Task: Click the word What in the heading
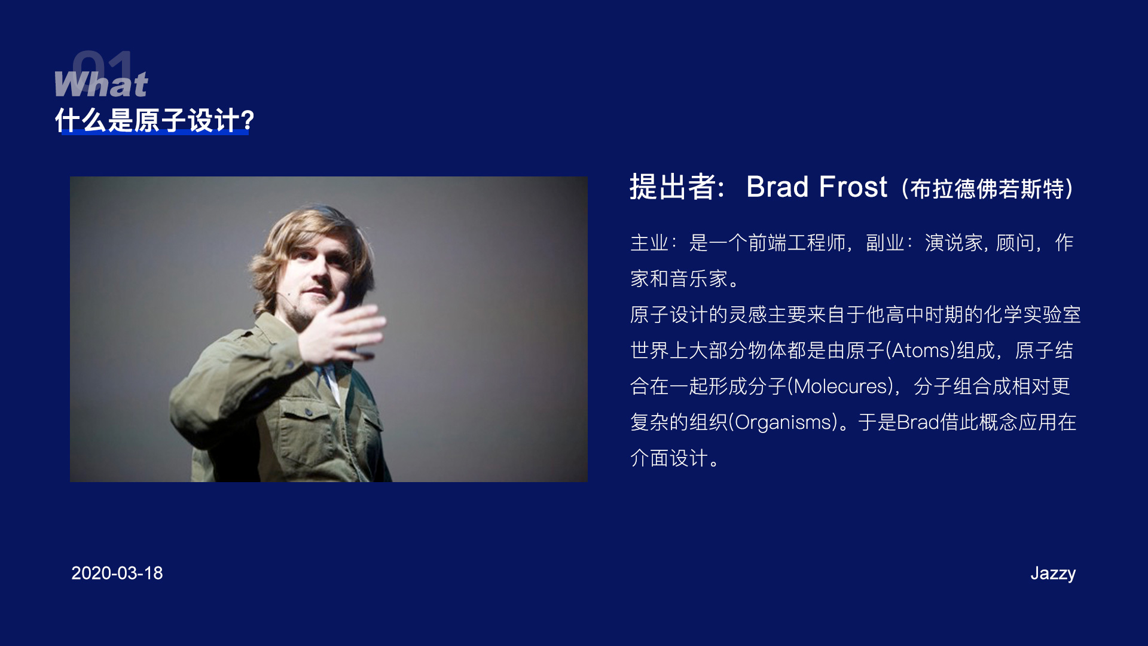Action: [101, 84]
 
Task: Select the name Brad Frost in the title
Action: [817, 187]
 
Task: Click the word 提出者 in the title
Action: [673, 187]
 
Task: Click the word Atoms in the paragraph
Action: [921, 351]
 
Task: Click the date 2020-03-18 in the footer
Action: [117, 573]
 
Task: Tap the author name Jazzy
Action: [1053, 574]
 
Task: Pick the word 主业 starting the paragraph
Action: [649, 243]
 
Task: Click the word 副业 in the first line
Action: [885, 243]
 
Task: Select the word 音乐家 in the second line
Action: [698, 279]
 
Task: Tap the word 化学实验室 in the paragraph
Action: [1033, 315]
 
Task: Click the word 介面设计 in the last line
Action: [669, 458]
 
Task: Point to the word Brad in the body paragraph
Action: [918, 422]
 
